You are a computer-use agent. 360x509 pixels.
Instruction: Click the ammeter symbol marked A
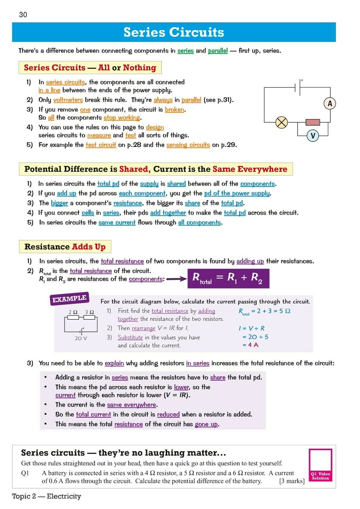[330, 103]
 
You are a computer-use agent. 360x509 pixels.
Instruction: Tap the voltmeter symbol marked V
[313, 136]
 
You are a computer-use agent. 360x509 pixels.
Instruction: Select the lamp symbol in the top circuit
[281, 122]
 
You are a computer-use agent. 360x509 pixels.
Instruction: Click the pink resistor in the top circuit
[313, 122]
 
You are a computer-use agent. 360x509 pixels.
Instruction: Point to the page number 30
[23, 15]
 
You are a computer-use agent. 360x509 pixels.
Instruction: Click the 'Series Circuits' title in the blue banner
[174, 32]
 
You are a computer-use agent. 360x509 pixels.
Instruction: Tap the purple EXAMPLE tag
[69, 299]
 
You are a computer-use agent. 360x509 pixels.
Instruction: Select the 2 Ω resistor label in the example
[73, 312]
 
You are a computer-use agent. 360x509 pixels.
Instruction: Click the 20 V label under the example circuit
[81, 338]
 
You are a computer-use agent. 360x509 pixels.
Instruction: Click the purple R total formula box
[228, 278]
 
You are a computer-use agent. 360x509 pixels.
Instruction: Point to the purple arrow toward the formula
[176, 279]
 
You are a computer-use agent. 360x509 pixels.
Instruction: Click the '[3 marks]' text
[292, 481]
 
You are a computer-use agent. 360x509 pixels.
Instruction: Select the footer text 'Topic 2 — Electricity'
[46, 496]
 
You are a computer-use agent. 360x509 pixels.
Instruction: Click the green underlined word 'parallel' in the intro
[218, 51]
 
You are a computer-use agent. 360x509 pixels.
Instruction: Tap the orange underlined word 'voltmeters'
[68, 100]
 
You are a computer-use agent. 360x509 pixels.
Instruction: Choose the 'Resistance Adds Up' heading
[65, 247]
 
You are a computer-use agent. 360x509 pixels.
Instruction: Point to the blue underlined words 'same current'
[117, 223]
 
